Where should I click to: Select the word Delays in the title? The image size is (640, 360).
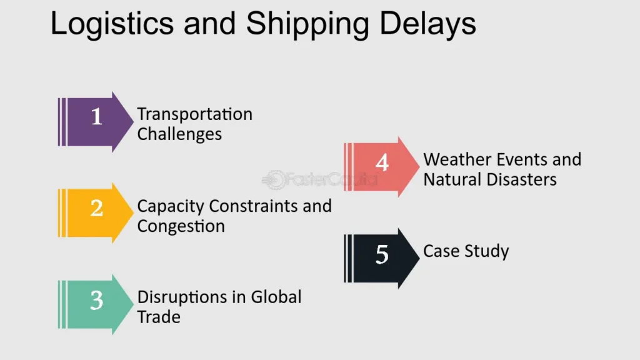pos(427,24)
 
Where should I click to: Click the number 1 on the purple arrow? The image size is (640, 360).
pos(96,116)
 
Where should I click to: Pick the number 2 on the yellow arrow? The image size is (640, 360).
pos(96,207)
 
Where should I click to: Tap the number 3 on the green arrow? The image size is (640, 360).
pos(96,301)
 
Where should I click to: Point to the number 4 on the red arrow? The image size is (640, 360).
pos(382,162)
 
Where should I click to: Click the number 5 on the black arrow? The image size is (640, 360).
pos(382,254)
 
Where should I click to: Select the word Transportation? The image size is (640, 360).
pos(195,114)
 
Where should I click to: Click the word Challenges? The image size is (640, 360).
pos(179,134)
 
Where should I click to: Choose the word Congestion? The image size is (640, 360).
pos(181,226)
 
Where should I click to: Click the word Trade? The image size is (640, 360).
pos(159,316)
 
